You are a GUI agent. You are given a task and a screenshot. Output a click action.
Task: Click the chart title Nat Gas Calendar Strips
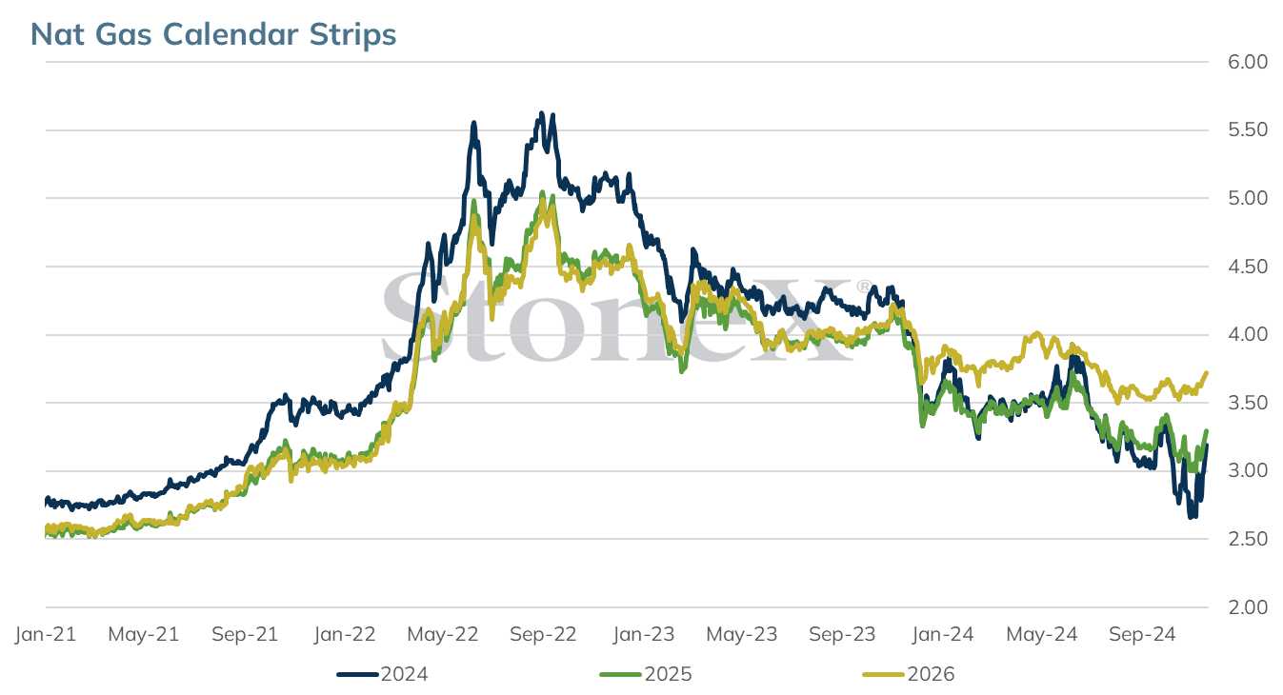(213, 33)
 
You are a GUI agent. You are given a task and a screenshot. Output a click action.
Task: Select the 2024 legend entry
(383, 674)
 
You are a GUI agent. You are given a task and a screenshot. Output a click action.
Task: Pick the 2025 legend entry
(646, 674)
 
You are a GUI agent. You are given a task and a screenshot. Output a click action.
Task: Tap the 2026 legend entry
(909, 674)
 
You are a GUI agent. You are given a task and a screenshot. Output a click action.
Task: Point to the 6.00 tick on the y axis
(1248, 62)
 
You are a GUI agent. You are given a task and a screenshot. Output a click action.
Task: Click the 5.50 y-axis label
(1248, 129)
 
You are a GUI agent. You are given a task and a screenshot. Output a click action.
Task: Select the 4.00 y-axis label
(1248, 334)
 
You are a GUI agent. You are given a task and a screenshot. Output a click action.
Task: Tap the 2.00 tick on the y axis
(1248, 607)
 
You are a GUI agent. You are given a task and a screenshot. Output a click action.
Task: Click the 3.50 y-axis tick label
(1248, 403)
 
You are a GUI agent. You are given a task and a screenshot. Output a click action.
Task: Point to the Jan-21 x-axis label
(46, 634)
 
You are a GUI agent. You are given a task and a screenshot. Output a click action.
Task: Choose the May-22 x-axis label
(443, 634)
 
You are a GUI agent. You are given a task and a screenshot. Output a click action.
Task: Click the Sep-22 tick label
(543, 634)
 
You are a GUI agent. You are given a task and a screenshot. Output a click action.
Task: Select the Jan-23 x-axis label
(644, 634)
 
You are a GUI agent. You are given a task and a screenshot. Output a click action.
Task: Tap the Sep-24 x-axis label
(1143, 634)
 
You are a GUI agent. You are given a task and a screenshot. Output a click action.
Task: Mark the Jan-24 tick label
(943, 634)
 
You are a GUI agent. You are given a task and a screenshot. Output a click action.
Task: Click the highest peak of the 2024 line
(541, 113)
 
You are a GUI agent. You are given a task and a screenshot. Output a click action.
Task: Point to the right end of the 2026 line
(1207, 372)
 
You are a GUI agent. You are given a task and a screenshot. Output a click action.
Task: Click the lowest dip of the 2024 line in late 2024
(1192, 517)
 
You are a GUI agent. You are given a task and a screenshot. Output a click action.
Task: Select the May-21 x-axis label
(144, 634)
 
